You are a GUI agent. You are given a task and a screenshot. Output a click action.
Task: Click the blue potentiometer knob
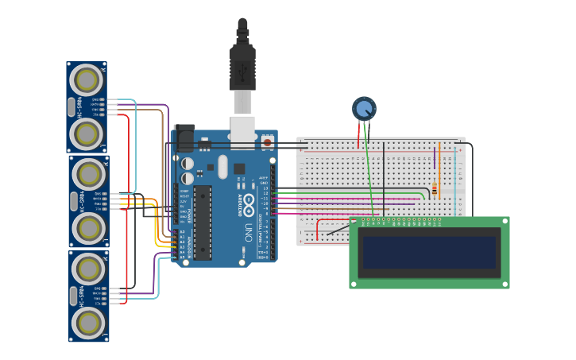364,109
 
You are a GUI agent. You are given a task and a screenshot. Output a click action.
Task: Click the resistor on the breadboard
434,190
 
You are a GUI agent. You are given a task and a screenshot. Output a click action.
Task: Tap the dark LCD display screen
429,252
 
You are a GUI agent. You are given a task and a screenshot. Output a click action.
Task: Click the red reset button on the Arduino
268,142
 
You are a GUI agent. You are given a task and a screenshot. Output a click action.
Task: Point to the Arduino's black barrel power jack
184,137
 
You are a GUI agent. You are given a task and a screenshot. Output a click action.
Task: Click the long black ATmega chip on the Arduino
203,223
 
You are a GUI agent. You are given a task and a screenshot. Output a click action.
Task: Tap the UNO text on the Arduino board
248,231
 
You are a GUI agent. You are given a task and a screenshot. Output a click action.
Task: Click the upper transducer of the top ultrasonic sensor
86,79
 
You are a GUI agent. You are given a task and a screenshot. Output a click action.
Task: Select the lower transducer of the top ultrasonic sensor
86,134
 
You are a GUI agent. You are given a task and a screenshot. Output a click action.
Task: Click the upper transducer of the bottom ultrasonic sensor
88,269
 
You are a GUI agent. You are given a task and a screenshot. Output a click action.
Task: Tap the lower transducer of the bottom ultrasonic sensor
88,323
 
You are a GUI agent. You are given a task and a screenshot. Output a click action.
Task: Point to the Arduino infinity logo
249,202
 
